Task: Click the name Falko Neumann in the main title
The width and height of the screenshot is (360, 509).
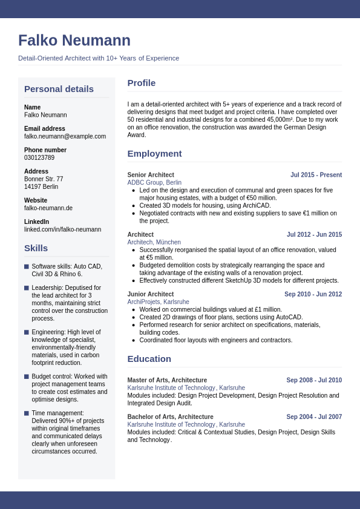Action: (74, 41)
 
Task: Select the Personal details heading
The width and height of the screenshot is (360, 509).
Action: (59, 89)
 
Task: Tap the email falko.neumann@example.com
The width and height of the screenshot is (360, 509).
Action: (65, 136)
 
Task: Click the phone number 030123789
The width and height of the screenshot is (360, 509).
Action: (39, 157)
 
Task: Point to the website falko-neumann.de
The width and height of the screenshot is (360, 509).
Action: (48, 208)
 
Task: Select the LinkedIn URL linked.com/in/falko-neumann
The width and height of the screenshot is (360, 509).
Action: (62, 229)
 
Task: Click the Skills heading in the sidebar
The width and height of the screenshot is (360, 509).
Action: (36, 248)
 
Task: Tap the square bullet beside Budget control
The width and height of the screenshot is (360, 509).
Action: (27, 376)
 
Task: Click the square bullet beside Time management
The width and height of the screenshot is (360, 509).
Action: (27, 413)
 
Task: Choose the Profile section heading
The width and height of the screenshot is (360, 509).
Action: (141, 83)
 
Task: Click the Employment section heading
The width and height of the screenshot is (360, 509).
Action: (154, 154)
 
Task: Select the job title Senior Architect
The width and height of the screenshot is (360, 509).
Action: (151, 175)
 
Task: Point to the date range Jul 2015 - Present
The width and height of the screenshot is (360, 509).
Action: (316, 175)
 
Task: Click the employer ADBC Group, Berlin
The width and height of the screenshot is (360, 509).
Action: (154, 182)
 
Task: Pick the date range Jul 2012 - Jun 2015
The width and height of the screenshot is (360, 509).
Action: (314, 234)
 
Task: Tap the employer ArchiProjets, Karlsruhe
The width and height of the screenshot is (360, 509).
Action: (158, 301)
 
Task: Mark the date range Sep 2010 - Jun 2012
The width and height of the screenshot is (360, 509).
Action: (313, 294)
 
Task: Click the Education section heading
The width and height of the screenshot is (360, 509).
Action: (149, 359)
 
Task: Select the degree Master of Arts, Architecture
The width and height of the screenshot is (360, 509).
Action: (167, 380)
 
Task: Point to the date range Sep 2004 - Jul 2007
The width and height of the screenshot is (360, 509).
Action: (314, 417)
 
